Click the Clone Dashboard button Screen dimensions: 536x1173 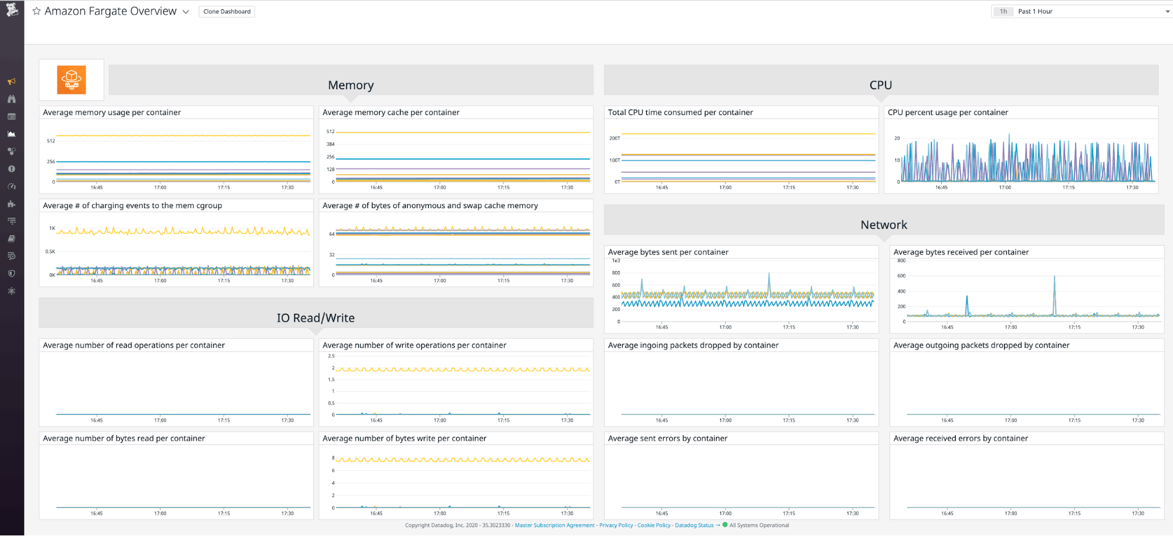227,12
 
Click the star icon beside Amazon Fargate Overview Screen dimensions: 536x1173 36,11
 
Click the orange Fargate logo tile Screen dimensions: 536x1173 72,80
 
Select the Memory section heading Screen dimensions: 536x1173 350,85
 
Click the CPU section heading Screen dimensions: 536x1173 880,85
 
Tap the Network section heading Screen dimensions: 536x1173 883,225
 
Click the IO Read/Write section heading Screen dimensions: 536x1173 316,318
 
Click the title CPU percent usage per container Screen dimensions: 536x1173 947,113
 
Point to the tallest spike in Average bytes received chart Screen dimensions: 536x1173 1054,277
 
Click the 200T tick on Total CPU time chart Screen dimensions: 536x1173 614,138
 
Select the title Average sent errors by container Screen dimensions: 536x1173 667,439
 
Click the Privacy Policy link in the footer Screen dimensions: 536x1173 616,525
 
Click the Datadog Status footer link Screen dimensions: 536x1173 694,525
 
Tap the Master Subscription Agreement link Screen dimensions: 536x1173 555,525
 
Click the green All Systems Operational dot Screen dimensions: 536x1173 725,525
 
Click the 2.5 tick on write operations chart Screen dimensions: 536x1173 331,356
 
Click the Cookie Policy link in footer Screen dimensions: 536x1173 654,525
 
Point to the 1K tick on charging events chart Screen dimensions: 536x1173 52,228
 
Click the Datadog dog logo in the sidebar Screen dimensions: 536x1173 12,9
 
